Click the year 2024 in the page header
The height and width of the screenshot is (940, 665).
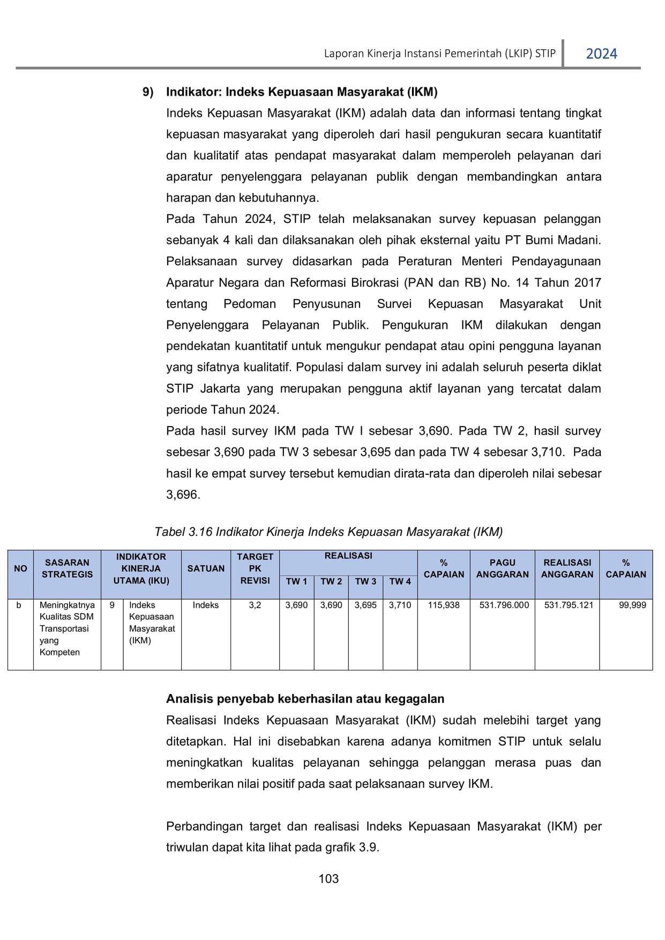pos(601,54)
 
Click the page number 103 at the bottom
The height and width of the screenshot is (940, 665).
pos(328,878)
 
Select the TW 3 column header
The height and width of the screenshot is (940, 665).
pos(365,581)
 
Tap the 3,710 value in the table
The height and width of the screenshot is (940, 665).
pos(400,605)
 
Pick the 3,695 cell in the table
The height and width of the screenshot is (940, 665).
pos(365,605)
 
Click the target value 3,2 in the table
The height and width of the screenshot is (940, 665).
pos(255,605)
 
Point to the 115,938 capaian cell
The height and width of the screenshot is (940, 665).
pos(444,605)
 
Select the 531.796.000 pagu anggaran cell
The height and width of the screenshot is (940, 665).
pos(504,605)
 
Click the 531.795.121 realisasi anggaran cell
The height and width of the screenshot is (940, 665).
pos(569,605)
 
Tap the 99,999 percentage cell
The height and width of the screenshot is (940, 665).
pos(632,605)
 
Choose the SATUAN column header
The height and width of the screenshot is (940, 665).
pos(206,569)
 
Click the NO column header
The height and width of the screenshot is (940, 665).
pos(20,569)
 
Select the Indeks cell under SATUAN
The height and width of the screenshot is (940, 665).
pos(206,605)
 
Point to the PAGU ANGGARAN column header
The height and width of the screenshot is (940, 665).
pos(502,569)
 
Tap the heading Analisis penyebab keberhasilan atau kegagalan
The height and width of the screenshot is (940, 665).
pos(305,699)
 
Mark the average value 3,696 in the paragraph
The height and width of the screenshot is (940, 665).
pos(183,495)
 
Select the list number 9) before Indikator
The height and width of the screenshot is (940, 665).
pos(148,92)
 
